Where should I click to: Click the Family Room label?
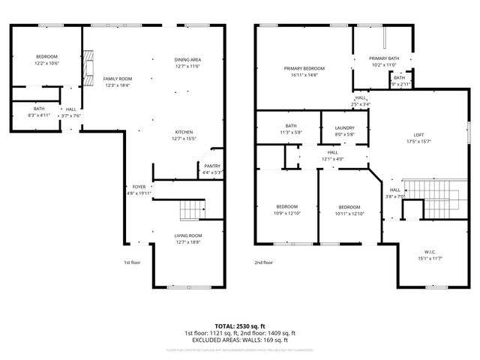coord(117,79)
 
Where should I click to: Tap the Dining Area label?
coord(188,59)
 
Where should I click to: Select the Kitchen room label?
coord(184,131)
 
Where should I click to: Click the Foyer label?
coord(139,187)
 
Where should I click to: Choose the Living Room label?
coord(188,235)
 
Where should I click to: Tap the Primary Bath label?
coord(383,59)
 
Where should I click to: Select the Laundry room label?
coord(345,127)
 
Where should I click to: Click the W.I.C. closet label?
coord(427,252)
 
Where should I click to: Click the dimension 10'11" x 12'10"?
coord(349,214)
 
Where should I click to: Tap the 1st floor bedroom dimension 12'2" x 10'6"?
coord(46,64)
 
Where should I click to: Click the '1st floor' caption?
coord(132,262)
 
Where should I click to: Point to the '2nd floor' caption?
coord(263,262)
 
